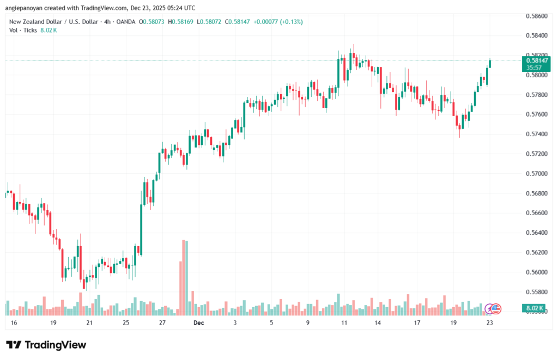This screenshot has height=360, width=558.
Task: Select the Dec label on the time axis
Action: point(198,323)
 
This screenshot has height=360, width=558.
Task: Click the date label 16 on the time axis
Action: point(14,323)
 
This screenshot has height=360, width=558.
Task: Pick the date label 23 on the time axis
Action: point(489,323)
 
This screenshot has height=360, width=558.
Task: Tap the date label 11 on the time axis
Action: point(344,323)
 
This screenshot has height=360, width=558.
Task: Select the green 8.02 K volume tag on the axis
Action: point(534,309)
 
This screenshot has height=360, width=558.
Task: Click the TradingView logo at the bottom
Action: point(46,345)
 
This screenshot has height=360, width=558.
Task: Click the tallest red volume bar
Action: point(181,278)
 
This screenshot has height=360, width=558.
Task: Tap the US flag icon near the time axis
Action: point(496,309)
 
